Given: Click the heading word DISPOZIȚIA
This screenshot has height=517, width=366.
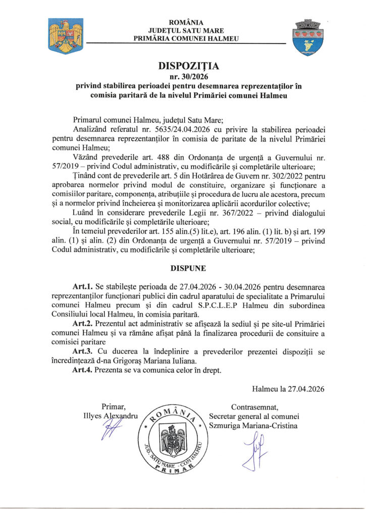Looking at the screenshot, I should click(x=182, y=66).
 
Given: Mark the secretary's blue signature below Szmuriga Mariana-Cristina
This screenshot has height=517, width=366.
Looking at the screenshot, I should click(x=254, y=450).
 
